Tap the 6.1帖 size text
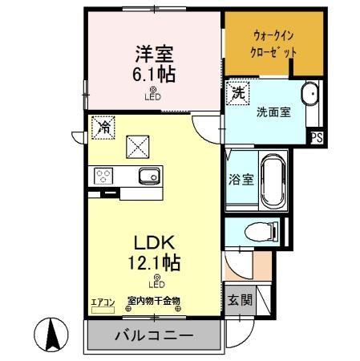coord(152,75)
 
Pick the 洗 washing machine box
coord(237,93)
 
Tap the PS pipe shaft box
coord(318,137)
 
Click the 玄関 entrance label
coord(240,301)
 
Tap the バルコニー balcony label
coord(153,335)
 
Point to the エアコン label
coord(103,302)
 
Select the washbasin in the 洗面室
coord(310,93)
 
